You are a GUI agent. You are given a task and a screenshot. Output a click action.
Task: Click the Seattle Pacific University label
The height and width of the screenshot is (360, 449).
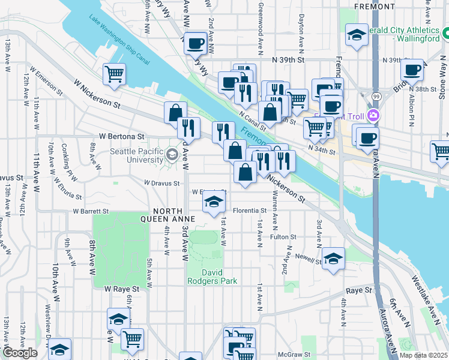pyautogui.click(x=137, y=155)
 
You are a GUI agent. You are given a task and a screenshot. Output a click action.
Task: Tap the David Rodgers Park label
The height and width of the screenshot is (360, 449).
pyautogui.click(x=220, y=277)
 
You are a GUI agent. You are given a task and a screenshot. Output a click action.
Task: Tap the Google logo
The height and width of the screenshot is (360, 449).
pyautogui.click(x=20, y=353)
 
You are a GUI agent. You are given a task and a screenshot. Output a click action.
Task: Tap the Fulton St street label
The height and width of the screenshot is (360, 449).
pyautogui.click(x=283, y=237)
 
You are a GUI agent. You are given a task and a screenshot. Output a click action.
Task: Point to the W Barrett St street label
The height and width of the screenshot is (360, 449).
pyautogui.click(x=91, y=211)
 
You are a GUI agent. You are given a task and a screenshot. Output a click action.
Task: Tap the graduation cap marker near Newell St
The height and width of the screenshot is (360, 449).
pyautogui.click(x=333, y=259)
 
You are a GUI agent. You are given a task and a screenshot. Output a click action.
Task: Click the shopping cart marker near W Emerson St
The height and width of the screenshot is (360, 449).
pyautogui.click(x=113, y=75)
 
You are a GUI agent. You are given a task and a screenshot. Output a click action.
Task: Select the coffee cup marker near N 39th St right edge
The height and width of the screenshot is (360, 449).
pyautogui.click(x=412, y=70)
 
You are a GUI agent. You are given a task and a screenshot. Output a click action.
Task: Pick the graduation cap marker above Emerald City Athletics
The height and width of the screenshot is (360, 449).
pyautogui.click(x=357, y=35)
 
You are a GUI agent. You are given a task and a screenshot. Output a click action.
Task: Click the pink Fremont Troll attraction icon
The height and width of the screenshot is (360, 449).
pyautogui.click(x=373, y=115)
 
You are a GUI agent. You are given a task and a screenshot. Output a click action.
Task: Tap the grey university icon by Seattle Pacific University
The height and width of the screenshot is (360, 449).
pyautogui.click(x=172, y=155)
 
